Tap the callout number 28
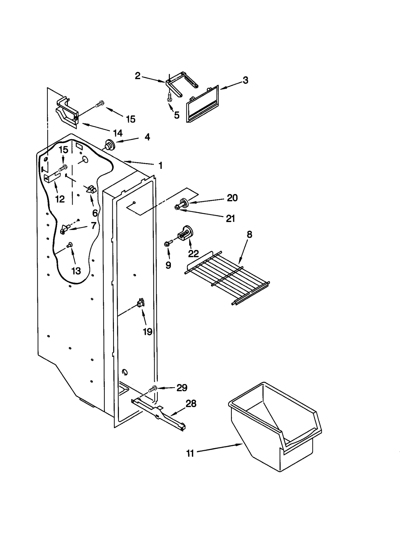[191, 403]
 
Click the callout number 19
[148, 332]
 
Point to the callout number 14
[118, 133]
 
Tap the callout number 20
[232, 198]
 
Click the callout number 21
[230, 218]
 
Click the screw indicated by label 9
[167, 243]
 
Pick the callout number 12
[60, 199]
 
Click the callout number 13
[76, 271]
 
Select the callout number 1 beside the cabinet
[160, 165]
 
